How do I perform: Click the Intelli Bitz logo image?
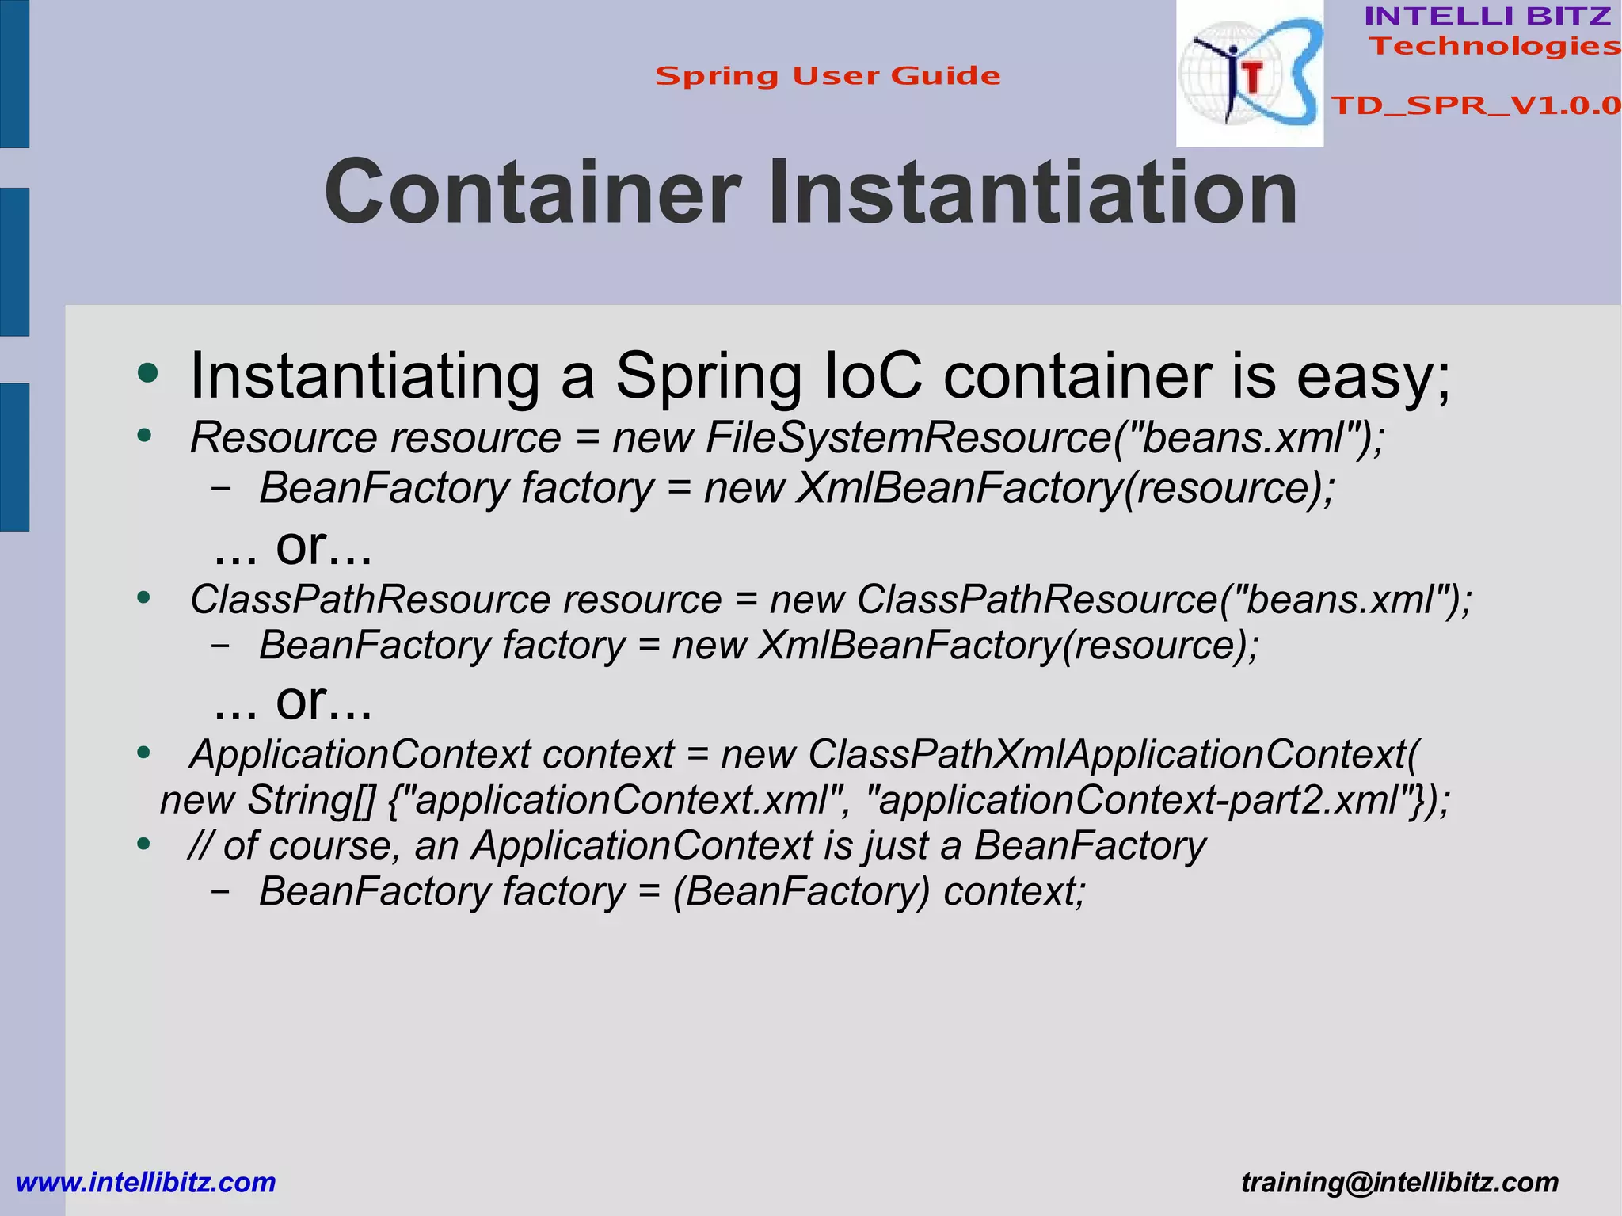coord(1249,74)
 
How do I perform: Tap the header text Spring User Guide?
coord(828,76)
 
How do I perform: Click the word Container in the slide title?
coord(532,193)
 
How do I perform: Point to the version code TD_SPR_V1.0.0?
coord(1475,105)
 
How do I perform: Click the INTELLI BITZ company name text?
coord(1487,16)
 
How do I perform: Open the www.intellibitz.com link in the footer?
coord(146,1182)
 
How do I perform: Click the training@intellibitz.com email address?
coord(1399,1182)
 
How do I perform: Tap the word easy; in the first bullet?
coord(1373,377)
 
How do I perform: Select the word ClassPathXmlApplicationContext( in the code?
coord(1114,754)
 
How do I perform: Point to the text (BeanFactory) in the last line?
coord(801,891)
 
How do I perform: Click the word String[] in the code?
coord(311,800)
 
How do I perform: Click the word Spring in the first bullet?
coord(708,377)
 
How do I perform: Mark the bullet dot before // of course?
coord(143,844)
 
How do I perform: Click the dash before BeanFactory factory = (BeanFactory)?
coord(221,891)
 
